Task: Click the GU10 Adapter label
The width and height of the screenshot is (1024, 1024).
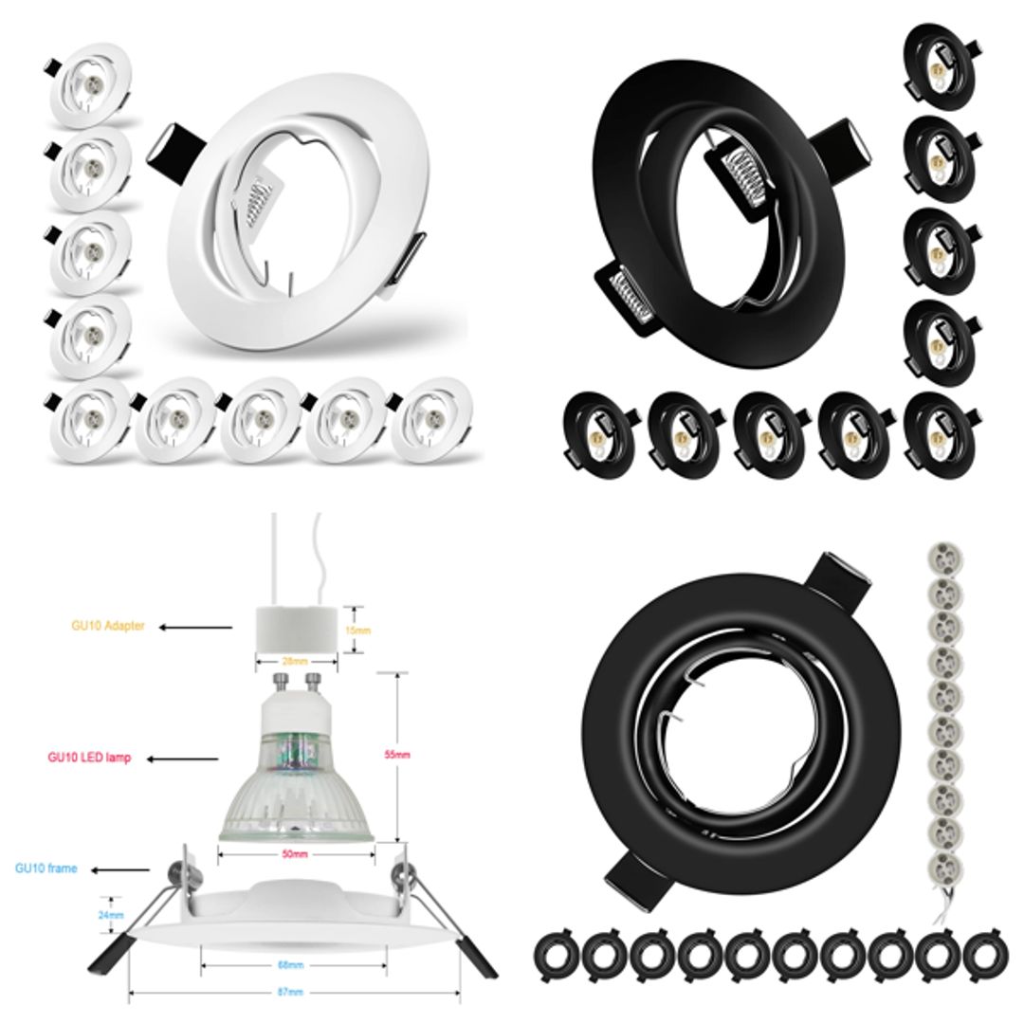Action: [108, 627]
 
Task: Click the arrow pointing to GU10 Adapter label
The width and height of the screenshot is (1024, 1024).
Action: [194, 627]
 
